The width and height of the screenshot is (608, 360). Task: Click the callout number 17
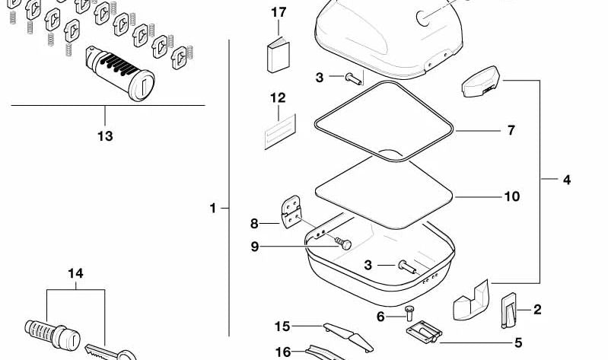279,12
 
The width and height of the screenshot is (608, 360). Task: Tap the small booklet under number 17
278,55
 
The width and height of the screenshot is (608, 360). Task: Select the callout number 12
278,97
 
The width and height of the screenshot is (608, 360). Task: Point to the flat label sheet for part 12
280,132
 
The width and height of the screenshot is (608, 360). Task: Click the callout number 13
105,136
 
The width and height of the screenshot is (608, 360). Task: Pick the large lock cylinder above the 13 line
119,73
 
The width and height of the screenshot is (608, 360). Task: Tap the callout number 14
75,273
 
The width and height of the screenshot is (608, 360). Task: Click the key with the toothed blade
110,352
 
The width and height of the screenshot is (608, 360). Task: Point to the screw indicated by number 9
343,244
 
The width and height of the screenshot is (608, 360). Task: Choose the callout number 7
511,130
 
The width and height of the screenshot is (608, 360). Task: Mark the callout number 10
512,196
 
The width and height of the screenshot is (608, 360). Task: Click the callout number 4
566,180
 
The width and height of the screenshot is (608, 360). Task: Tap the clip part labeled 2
509,311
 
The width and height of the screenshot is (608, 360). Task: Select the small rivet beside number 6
409,313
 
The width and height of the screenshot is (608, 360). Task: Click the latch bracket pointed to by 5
424,332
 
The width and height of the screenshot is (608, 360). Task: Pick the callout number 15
282,327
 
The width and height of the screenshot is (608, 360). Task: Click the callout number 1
212,209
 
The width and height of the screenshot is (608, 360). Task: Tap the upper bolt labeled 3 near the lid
353,78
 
